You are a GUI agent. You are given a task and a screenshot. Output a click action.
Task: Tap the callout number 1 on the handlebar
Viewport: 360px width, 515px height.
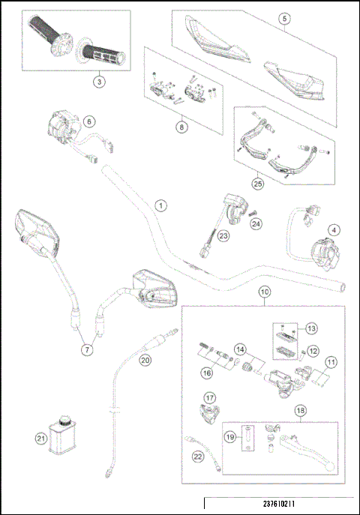point(160,205)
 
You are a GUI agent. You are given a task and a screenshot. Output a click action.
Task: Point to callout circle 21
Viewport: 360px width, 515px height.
point(40,438)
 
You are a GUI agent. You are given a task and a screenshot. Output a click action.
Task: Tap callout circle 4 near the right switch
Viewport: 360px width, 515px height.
point(334,229)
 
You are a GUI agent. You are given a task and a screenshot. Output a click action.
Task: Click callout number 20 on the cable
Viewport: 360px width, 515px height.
point(145,360)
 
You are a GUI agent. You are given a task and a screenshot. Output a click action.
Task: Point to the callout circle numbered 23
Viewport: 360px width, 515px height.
point(223,235)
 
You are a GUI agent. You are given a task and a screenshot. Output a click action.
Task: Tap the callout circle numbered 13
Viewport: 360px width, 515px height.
point(311,328)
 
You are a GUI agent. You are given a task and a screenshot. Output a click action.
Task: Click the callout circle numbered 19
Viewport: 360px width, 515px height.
point(231,436)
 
